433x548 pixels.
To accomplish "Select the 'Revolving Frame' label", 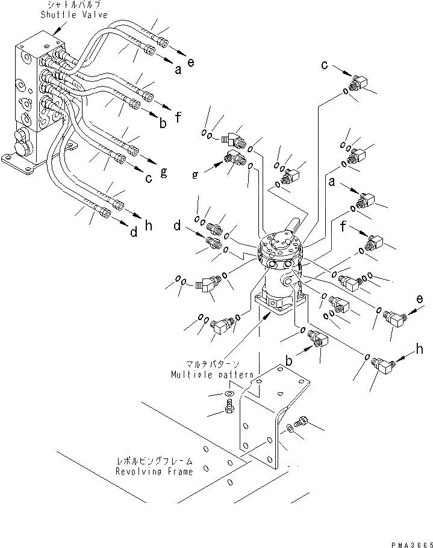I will coord(155,472).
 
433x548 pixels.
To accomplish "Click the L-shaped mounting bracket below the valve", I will coord(265,421).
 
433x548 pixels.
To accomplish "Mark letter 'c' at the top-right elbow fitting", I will coord(325,64).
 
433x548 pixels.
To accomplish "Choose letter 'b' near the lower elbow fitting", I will coord(288,362).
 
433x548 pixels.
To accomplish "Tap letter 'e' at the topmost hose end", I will coord(191,63).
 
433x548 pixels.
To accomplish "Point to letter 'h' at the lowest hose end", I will coord(149,226).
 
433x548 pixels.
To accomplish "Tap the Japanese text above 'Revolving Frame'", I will coord(155,461).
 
